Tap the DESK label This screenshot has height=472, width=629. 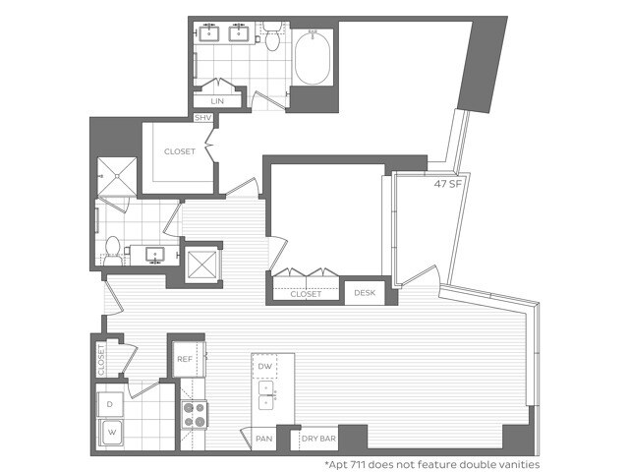point(365,293)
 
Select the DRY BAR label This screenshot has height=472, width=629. point(319,439)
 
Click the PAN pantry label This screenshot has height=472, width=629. point(262,439)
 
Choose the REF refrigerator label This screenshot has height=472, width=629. point(184,359)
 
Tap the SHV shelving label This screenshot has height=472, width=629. point(203,118)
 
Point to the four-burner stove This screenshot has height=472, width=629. point(193,415)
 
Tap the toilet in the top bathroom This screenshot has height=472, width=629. point(272,36)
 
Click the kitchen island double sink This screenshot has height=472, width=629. point(265,395)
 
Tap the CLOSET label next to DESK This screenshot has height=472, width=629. point(306,293)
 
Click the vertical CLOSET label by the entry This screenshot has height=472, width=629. point(101,358)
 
